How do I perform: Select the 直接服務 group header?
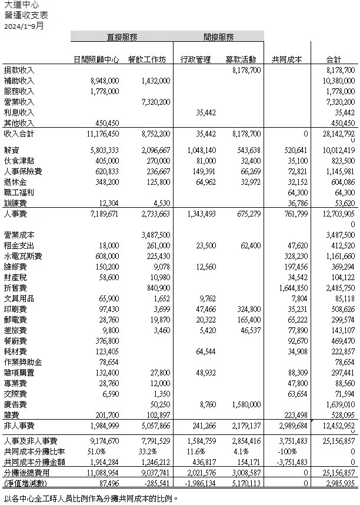tap(122, 37)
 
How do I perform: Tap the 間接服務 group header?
tap(219, 37)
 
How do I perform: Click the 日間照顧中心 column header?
tap(96, 59)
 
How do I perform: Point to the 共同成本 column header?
tap(286, 59)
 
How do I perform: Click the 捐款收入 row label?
tap(19, 70)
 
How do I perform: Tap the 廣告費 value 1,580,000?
tap(245, 404)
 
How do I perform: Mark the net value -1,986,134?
tap(198, 482)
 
